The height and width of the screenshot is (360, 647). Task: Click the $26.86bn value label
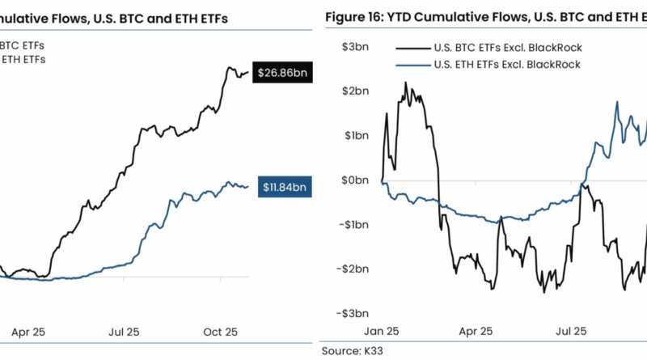point(281,74)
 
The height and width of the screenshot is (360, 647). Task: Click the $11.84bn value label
point(282,187)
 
